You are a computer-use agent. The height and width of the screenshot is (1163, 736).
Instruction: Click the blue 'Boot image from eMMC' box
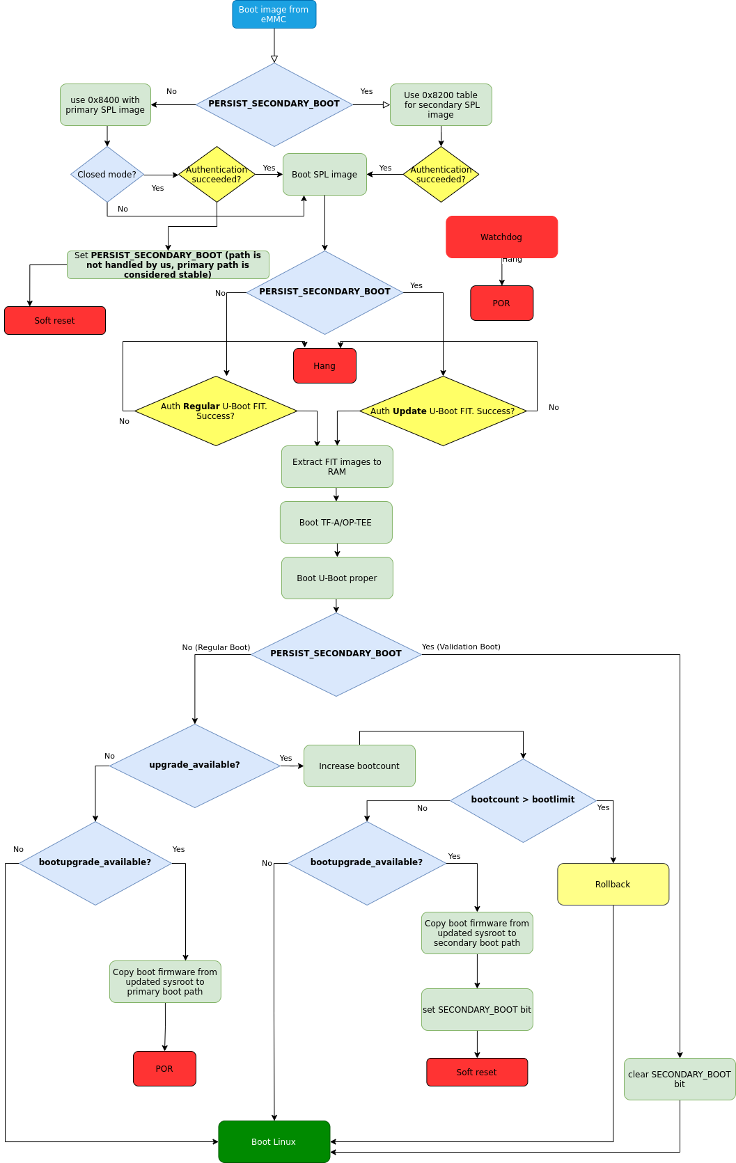[x=274, y=15]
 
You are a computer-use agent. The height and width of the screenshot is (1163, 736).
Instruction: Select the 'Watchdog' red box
[x=501, y=237]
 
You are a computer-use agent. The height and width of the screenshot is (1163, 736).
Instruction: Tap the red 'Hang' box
[x=324, y=366]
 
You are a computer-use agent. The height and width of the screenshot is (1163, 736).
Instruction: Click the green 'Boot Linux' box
[x=274, y=1141]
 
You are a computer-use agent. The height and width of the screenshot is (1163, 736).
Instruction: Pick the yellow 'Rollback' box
[x=613, y=884]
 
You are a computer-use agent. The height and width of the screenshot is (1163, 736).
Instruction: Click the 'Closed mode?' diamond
[x=107, y=175]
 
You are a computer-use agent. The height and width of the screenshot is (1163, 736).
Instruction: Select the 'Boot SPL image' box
[x=324, y=175]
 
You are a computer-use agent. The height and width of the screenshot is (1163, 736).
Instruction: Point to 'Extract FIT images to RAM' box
[x=337, y=466]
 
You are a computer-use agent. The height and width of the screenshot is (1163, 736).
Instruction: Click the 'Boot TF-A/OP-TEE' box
[x=336, y=522]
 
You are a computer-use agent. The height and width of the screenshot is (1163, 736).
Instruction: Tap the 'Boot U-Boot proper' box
[x=337, y=578]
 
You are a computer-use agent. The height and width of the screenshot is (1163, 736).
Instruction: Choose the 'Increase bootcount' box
[x=359, y=766]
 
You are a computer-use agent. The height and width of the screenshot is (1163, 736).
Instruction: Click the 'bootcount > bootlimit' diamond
[x=523, y=800]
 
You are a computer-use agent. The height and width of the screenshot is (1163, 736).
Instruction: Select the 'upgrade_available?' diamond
[x=194, y=765]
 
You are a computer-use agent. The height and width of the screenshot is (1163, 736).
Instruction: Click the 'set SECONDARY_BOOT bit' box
[x=477, y=1009]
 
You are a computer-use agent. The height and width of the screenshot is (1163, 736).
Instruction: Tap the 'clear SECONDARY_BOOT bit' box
[x=680, y=1079]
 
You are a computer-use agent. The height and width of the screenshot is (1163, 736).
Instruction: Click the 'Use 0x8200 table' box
[x=441, y=105]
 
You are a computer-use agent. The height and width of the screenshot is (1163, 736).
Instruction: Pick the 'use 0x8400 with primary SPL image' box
[x=105, y=105]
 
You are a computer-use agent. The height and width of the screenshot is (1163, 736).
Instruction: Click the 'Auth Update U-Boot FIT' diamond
[x=443, y=411]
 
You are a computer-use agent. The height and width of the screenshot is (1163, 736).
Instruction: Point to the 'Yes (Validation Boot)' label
[x=461, y=647]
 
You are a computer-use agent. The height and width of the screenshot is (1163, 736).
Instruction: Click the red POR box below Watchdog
[x=501, y=303]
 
